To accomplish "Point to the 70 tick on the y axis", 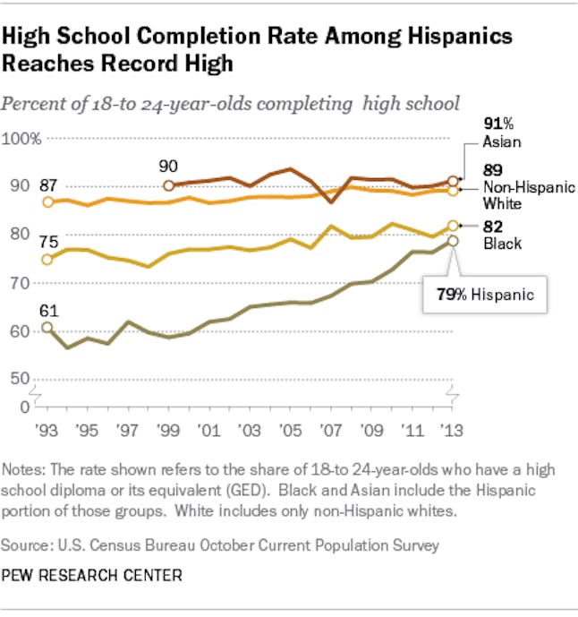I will pos(18,283).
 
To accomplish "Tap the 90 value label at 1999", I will pos(168,166).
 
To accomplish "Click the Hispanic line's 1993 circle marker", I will pos(47,328).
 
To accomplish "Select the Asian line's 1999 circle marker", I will pos(169,185).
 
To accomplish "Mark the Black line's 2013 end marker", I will pos(453,226).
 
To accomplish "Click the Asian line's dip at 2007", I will pos(331,203).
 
